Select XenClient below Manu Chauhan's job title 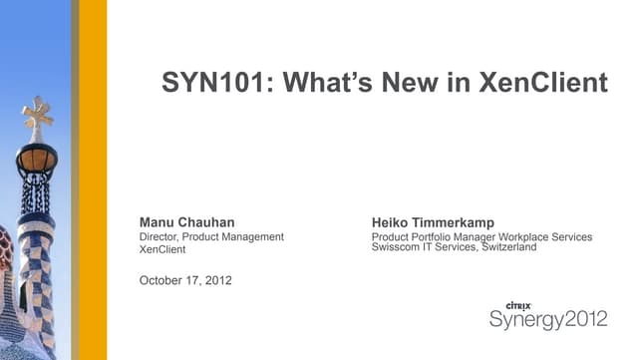(x=162, y=249)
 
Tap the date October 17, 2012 (x=185, y=279)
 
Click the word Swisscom (x=395, y=247)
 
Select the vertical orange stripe (x=92, y=180)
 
